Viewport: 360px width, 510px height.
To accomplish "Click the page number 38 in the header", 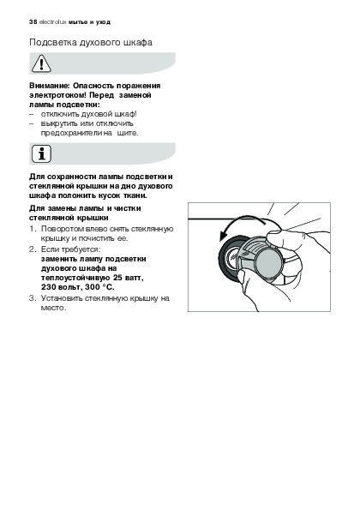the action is pyautogui.click(x=33, y=22).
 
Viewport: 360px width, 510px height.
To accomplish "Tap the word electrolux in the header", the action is pyautogui.click(x=52, y=22).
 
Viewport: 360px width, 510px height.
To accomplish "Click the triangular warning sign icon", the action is pyautogui.click(x=41, y=63).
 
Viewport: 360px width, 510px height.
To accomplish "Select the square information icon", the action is pyautogui.click(x=41, y=153).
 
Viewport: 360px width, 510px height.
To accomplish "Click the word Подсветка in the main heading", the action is pyautogui.click(x=52, y=43).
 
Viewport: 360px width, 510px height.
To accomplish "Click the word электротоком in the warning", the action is pyautogui.click(x=58, y=95).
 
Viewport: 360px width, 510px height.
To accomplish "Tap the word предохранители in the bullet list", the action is pyautogui.click(x=71, y=133).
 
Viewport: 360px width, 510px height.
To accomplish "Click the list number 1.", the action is pyautogui.click(x=32, y=229).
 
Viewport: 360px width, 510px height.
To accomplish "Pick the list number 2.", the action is pyautogui.click(x=32, y=249).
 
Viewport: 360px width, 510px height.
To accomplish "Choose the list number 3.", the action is pyautogui.click(x=32, y=298).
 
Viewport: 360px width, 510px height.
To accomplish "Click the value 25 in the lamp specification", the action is pyautogui.click(x=117, y=278).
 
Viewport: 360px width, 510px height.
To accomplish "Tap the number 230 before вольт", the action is pyautogui.click(x=47, y=287).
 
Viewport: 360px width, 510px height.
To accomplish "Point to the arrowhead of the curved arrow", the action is pyautogui.click(x=223, y=236).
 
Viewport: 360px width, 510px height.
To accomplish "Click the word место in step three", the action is pyautogui.click(x=53, y=308).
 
